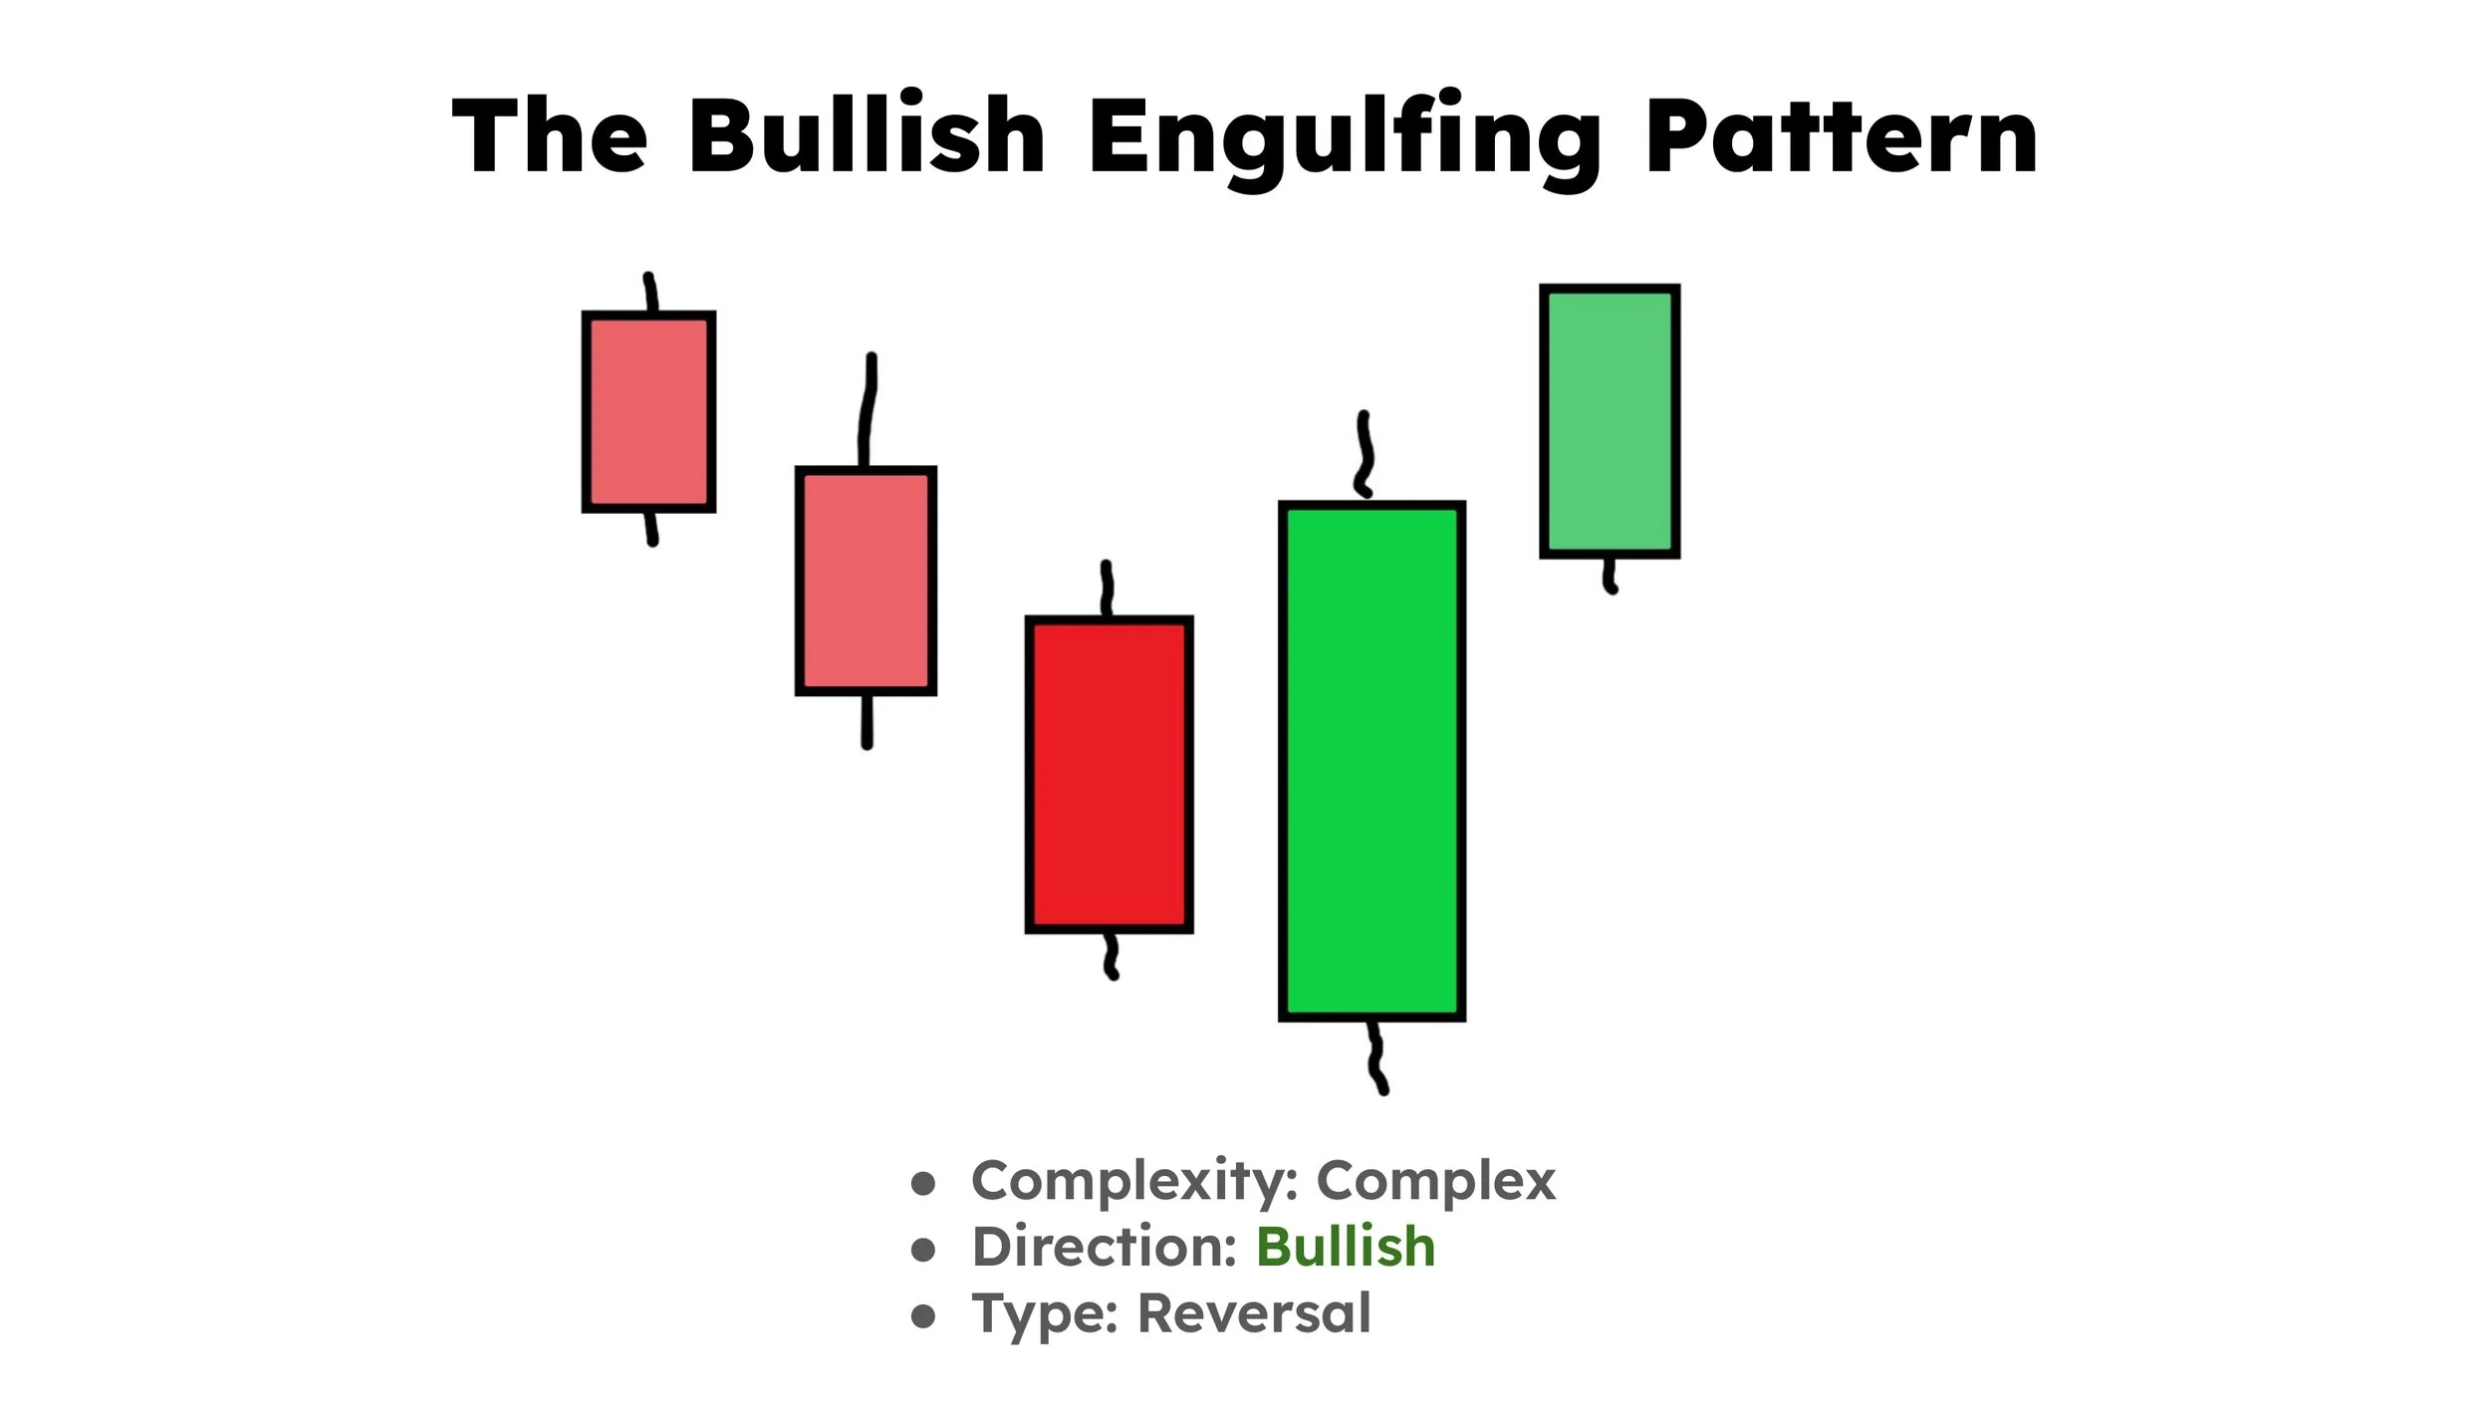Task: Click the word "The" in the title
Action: coord(550,136)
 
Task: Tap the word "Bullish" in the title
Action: coord(867,136)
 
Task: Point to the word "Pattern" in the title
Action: coord(1841,136)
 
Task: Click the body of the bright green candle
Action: coord(1371,762)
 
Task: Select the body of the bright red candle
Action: coord(1109,775)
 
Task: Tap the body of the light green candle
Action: coord(1609,421)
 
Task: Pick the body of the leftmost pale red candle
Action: coord(648,412)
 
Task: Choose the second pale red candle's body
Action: coord(866,581)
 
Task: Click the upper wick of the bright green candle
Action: coord(1365,454)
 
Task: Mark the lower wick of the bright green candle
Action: coord(1376,1057)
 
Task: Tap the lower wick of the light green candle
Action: coord(1609,576)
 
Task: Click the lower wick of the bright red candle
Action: coord(1111,956)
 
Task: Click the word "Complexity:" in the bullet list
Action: coord(1134,1182)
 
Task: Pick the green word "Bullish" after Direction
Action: coord(1345,1247)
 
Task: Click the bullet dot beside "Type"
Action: coord(923,1316)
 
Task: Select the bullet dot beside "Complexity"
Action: coord(923,1183)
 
